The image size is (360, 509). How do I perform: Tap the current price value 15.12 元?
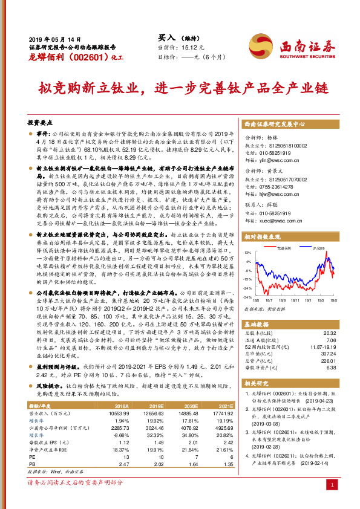200,47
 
